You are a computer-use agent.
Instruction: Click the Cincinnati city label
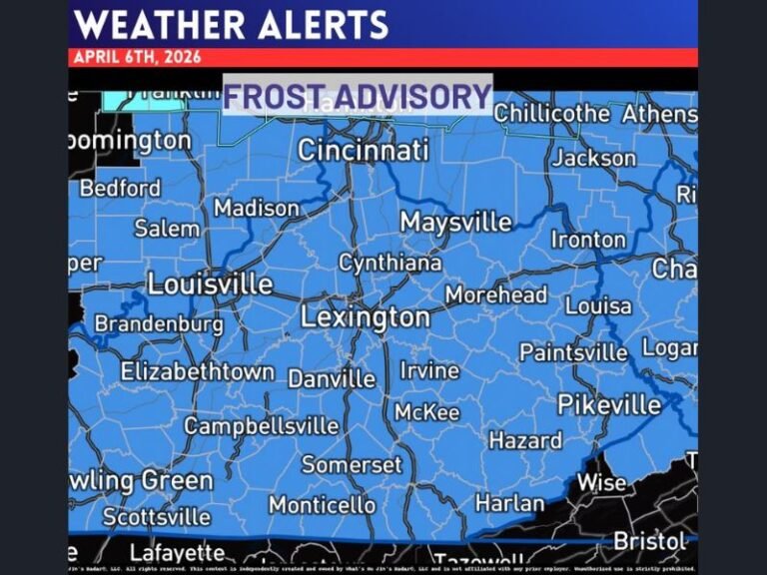364,151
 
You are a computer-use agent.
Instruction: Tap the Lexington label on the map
366,317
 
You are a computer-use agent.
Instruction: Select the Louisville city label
210,284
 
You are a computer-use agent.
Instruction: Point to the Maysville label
455,222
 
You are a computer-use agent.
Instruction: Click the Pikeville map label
609,404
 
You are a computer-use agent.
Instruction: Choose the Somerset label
352,465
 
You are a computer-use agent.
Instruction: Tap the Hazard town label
525,440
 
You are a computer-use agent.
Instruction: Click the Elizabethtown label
198,371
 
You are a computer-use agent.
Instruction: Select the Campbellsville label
261,426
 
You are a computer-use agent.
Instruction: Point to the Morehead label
496,294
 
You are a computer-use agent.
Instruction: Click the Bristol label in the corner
650,540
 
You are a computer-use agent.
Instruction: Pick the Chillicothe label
551,114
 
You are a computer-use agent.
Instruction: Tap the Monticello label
322,505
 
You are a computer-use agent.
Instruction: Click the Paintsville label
573,352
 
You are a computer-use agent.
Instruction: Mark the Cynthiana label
389,264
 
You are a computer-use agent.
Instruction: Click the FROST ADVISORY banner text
357,96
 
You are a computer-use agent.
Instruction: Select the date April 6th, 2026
137,57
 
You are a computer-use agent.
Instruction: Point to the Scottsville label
157,517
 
